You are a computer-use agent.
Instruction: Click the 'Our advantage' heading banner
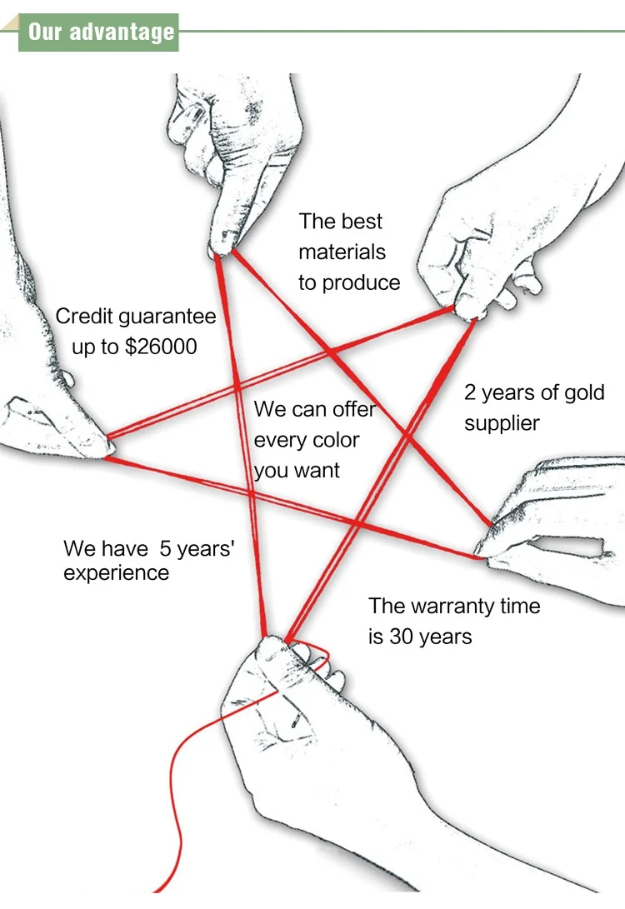101,32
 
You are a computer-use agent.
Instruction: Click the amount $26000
161,347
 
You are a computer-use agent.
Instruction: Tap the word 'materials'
342,252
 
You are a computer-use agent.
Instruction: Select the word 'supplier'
502,423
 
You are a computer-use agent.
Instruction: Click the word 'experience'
116,573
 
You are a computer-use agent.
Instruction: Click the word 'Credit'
84,317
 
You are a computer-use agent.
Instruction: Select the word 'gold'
582,392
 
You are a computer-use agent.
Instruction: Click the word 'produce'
361,283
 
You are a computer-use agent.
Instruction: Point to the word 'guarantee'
167,317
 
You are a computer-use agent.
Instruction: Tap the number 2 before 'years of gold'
470,392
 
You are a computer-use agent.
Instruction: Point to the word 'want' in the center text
319,471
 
